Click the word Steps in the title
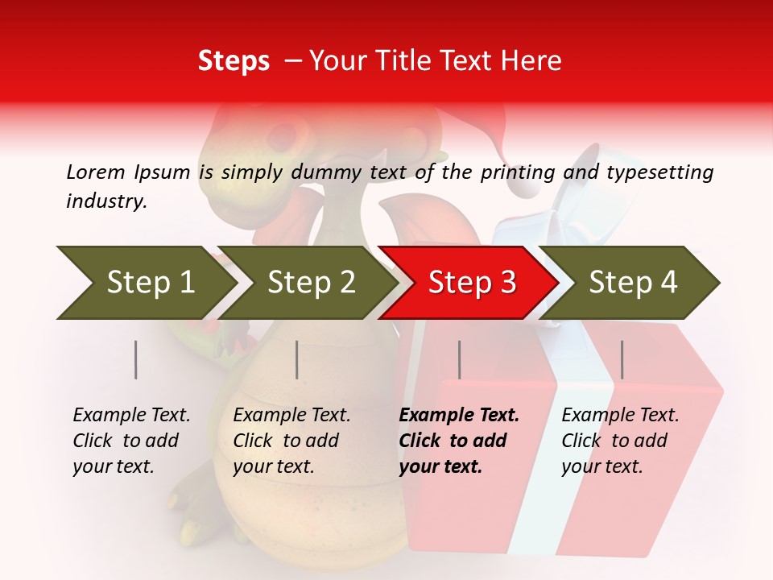234,61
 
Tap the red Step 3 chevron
472,283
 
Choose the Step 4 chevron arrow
633,283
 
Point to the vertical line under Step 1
136,359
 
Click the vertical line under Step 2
297,359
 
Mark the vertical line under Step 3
459,359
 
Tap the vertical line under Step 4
622,359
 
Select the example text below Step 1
131,441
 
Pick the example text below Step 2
291,441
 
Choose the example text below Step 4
620,441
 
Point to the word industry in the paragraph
106,201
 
